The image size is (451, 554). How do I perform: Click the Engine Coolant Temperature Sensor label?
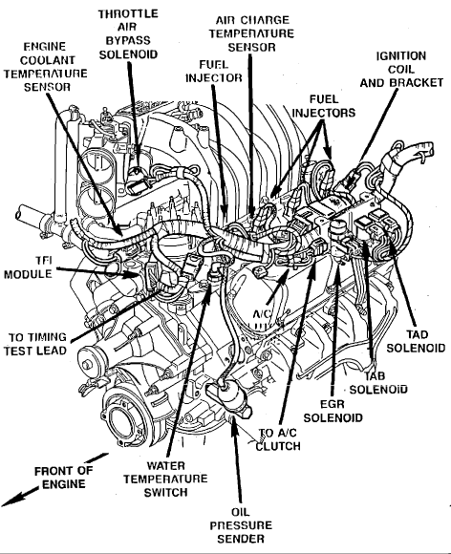[45, 67]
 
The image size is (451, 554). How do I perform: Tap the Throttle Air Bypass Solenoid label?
[128, 34]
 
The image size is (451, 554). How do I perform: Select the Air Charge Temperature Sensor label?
[251, 33]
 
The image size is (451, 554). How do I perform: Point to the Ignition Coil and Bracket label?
[401, 69]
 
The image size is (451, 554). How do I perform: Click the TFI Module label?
[28, 267]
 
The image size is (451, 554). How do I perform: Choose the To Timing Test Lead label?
[35, 344]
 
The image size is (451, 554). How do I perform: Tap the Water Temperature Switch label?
[165, 479]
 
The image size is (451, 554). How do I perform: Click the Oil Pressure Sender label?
[241, 525]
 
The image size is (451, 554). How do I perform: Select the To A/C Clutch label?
[278, 439]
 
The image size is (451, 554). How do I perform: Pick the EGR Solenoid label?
[333, 411]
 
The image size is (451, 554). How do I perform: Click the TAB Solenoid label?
[378, 383]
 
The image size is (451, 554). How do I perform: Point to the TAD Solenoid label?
[416, 341]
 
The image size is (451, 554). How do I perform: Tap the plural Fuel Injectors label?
[323, 106]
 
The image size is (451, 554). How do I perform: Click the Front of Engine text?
[64, 478]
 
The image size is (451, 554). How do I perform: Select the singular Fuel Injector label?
[214, 71]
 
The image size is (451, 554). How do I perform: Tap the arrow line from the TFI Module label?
[97, 271]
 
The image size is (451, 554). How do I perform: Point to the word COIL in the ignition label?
[401, 69]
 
